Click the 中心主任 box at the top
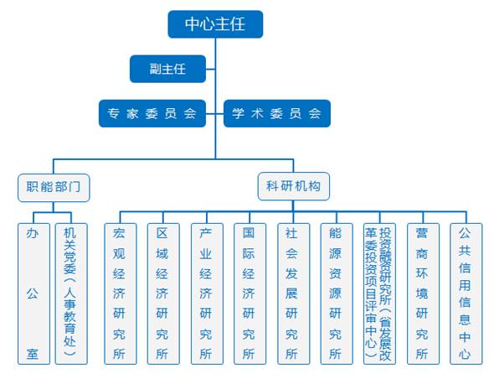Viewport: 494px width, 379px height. tap(215, 24)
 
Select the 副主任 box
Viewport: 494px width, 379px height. tap(167, 69)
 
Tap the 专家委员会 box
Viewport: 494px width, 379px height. tap(152, 113)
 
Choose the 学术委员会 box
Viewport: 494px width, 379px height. tap(277, 113)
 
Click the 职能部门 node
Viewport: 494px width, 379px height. tap(54, 188)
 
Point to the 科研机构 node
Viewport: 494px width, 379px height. tap(294, 186)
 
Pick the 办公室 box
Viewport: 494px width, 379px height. tap(33, 293)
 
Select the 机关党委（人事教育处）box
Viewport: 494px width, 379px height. tap(71, 293)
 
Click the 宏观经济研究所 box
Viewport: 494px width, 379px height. tap(121, 293)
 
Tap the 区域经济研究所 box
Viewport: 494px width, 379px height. tap(163, 293)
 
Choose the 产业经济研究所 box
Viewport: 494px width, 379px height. tap(207, 293)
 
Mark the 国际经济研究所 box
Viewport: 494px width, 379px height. tap(250, 293)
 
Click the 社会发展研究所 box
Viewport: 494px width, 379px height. tap(293, 293)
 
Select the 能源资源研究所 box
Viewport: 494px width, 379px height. tap(337, 293)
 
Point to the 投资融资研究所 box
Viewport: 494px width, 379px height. tap(379, 293)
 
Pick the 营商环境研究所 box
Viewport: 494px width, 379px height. tap(423, 293)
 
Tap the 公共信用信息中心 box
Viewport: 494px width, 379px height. tap(466, 293)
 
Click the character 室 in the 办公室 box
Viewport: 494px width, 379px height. tap(33, 354)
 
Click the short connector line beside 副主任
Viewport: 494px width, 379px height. tap(210, 69)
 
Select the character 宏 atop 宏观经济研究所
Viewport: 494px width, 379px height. tap(119, 233)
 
